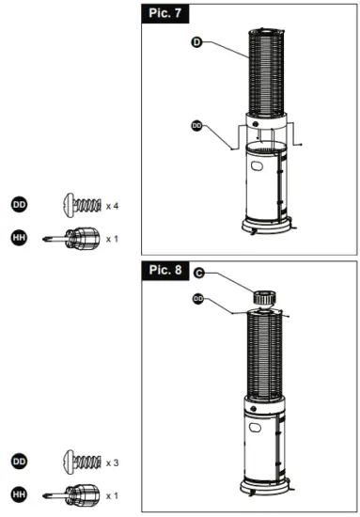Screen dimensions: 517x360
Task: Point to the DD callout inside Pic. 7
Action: [197, 124]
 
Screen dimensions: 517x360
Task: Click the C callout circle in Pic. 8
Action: [200, 274]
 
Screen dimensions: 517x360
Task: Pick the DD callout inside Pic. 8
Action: [199, 298]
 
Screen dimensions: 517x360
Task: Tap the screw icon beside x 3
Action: [81, 462]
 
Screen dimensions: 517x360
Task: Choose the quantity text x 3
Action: [112, 462]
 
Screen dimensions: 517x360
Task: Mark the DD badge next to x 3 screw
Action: [19, 462]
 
